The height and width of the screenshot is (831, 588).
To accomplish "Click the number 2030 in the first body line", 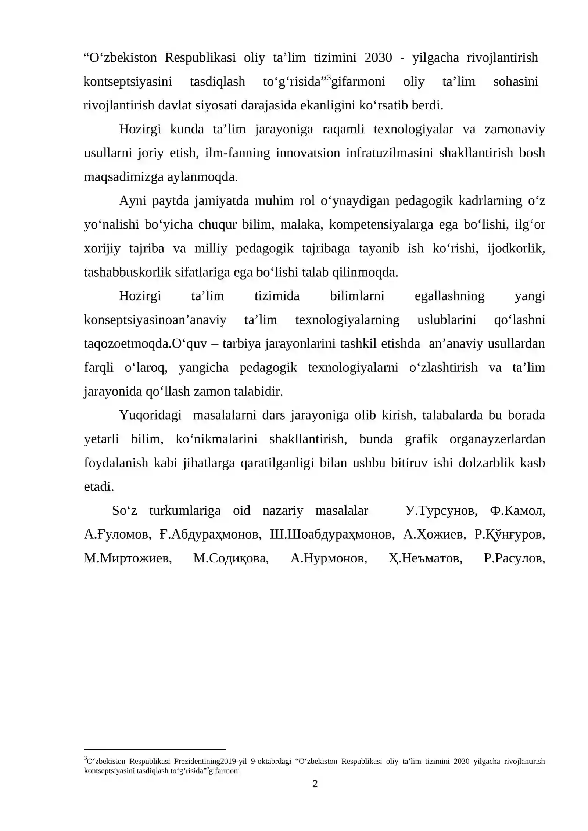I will click(x=378, y=58).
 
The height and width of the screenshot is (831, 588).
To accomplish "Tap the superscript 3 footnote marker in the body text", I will click(x=329, y=78).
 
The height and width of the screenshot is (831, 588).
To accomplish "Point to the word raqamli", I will click(x=343, y=129).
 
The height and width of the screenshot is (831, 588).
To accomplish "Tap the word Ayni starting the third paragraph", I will click(x=133, y=201).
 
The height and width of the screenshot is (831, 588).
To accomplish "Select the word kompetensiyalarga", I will click(x=381, y=224).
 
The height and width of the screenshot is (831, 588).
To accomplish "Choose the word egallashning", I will click(x=449, y=296).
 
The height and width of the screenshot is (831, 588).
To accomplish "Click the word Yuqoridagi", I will click(x=150, y=415).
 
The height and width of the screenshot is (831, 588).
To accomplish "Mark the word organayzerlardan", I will click(x=497, y=439).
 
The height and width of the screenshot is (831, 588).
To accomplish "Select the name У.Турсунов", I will click(x=441, y=511).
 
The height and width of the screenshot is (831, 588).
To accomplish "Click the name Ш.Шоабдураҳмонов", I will click(x=332, y=535).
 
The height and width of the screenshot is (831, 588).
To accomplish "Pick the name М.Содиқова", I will click(x=231, y=558).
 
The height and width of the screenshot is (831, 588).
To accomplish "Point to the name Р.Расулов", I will click(x=514, y=558).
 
